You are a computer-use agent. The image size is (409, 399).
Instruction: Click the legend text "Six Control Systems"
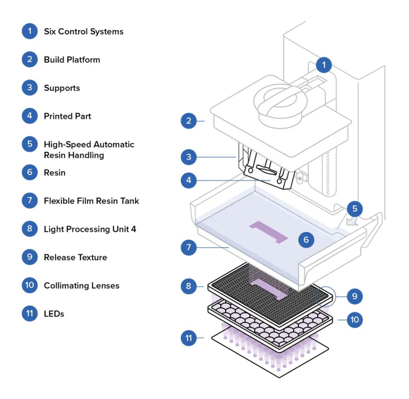(83, 31)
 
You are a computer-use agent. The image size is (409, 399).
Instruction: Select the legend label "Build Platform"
(72, 59)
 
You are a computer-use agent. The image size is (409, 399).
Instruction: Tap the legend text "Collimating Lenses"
(82, 286)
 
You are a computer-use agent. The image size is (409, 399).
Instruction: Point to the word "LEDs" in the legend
(54, 314)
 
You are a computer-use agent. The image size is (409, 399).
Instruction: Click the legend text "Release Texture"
(75, 257)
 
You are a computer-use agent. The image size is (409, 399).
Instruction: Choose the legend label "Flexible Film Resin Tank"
(91, 201)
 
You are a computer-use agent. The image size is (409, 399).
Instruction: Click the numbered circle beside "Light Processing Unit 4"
(30, 229)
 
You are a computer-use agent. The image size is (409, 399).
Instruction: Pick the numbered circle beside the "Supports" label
(30, 88)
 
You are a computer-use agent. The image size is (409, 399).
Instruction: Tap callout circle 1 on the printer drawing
(324, 65)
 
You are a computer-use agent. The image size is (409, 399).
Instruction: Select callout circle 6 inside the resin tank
(306, 240)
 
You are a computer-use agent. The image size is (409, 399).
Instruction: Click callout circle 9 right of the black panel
(354, 296)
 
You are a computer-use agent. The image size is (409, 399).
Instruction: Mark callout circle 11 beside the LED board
(189, 337)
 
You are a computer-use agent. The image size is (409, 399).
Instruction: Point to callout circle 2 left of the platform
(189, 121)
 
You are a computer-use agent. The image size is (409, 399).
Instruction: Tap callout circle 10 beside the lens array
(354, 319)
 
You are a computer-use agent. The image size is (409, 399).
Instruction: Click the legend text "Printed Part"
(67, 116)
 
